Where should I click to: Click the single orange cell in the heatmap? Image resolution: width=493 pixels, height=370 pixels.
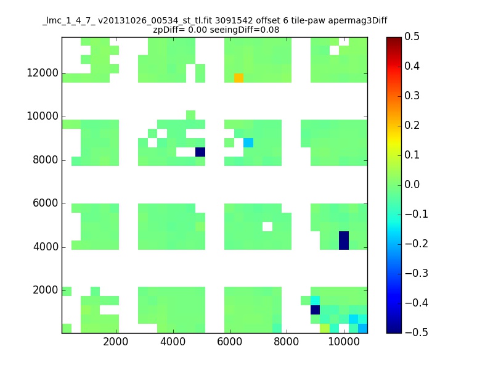(x=238, y=78)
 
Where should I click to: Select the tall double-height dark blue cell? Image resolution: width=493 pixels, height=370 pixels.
(x=344, y=240)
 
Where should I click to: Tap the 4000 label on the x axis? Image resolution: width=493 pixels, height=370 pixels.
(x=173, y=342)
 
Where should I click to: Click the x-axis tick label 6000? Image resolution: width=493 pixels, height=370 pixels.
(x=229, y=342)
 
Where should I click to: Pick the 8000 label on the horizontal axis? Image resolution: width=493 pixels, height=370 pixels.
(x=287, y=342)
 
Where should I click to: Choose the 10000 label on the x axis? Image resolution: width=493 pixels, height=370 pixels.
(x=344, y=342)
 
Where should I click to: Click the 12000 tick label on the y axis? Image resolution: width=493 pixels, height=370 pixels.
(x=43, y=73)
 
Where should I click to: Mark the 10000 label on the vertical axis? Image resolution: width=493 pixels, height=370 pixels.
(x=43, y=117)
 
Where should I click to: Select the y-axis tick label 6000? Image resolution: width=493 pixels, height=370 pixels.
(x=46, y=203)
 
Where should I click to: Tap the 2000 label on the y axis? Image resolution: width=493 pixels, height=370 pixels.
(x=46, y=290)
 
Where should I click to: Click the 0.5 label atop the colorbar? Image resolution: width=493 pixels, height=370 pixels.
(x=412, y=36)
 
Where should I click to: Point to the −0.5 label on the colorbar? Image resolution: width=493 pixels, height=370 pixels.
(x=417, y=332)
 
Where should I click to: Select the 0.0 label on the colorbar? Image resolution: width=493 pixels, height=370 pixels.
(x=412, y=184)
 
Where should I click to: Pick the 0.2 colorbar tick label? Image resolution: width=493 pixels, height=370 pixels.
(x=412, y=125)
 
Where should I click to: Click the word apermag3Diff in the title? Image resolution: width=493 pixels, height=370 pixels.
(x=357, y=21)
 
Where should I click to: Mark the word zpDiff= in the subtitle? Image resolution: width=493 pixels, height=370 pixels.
(x=169, y=30)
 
